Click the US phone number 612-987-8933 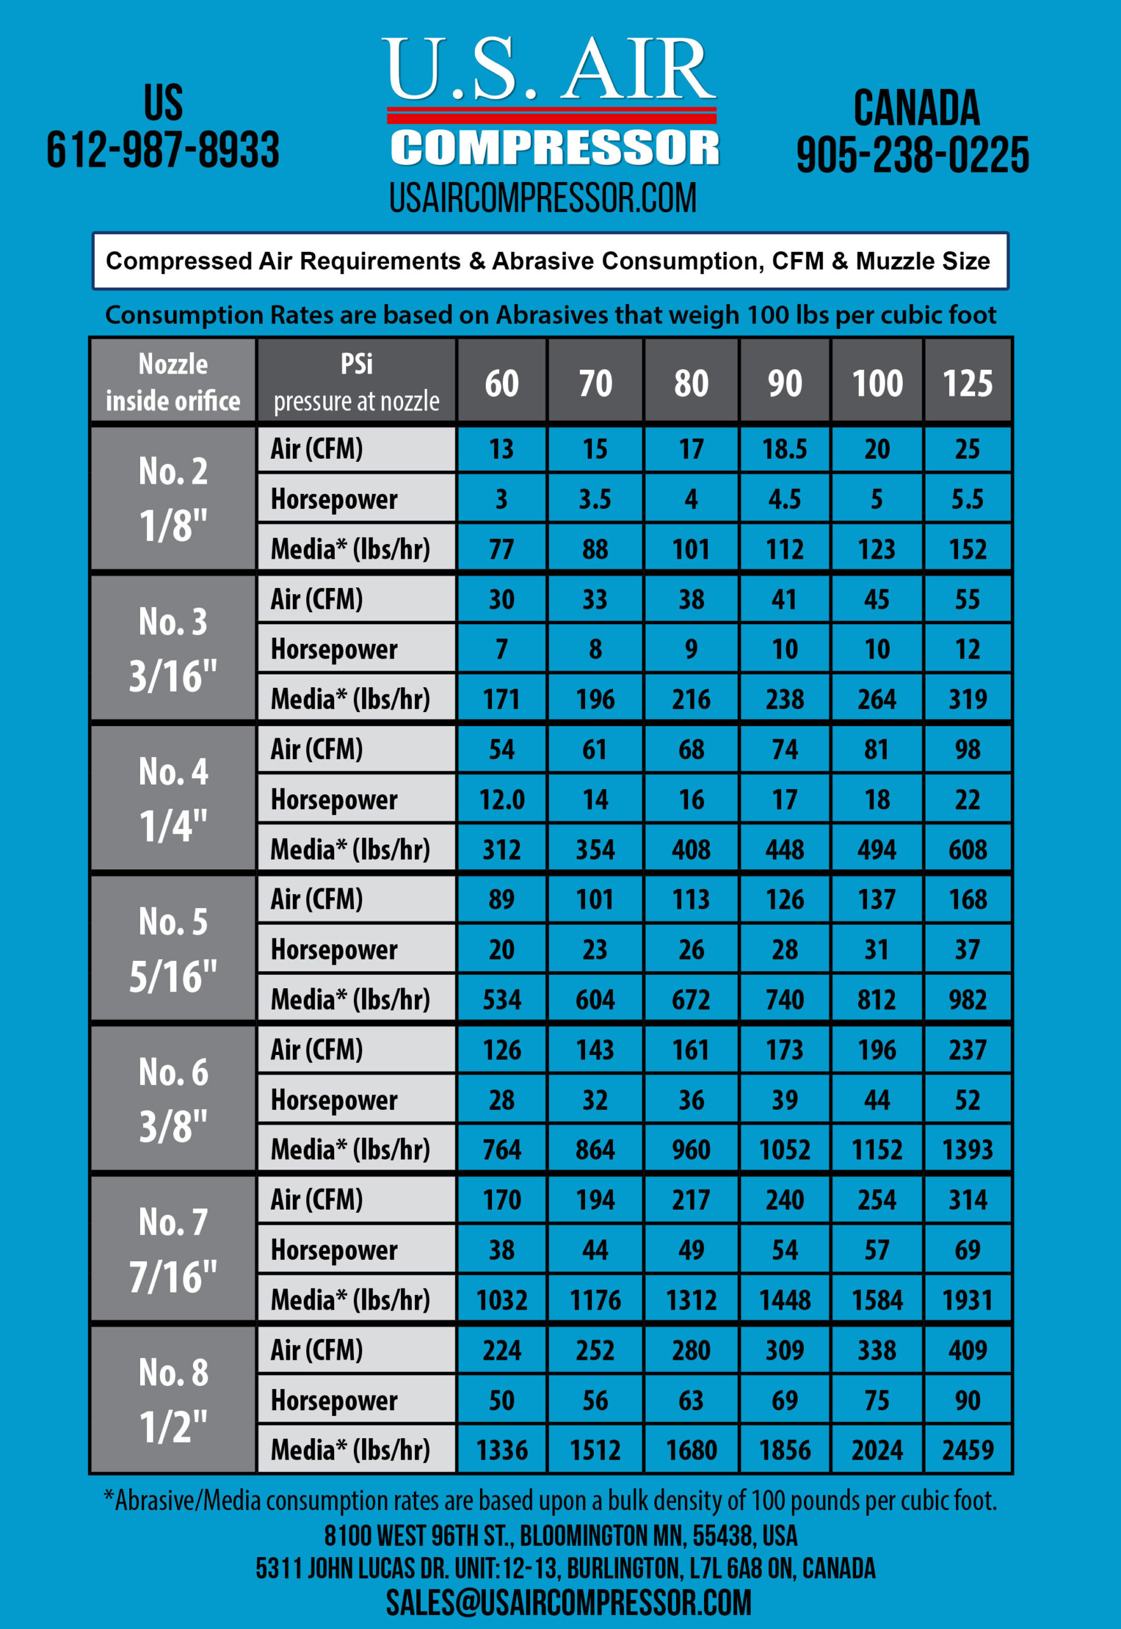point(163,150)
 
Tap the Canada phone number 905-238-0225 point(912,155)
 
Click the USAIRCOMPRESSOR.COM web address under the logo point(543,199)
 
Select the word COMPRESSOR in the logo point(554,148)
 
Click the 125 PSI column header point(967,383)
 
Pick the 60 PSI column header point(502,383)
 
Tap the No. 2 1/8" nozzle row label point(173,498)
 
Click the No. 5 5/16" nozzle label point(173,949)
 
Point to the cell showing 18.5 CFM point(784,449)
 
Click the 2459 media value point(967,1450)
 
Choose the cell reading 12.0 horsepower point(502,799)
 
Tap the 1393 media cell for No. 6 point(967,1149)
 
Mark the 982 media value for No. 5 point(967,999)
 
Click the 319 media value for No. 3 point(967,699)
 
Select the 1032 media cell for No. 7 point(502,1299)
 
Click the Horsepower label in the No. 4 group point(334,799)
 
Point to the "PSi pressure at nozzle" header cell point(356,383)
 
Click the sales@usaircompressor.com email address point(568,1603)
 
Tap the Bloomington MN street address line point(560,1535)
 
